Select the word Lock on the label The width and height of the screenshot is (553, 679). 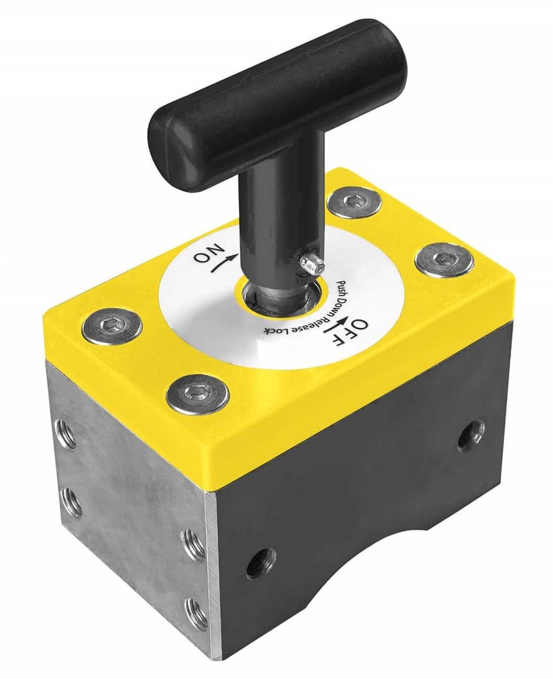tap(277, 330)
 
